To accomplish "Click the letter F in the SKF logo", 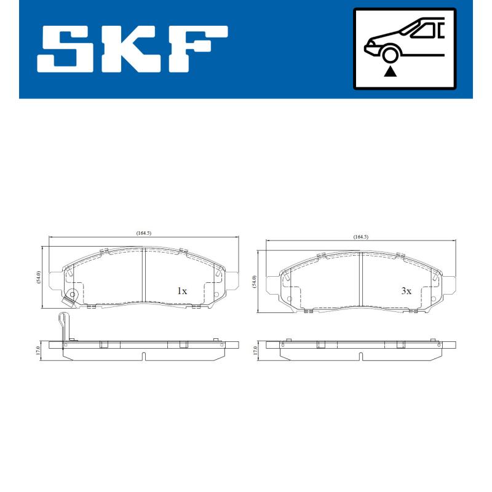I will pos(196,49).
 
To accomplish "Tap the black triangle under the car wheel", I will pos(389,72).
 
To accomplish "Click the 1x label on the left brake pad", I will pos(181,291).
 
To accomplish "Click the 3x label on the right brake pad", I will pos(405,291).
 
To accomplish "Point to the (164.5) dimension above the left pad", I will pos(143,233).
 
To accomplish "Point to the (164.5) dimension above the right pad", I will pos(360,237).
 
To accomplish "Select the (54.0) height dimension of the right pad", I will pos(255,282).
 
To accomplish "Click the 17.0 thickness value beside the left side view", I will pos(38,350).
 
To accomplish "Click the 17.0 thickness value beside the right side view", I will pos(255,351).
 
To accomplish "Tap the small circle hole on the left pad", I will pos(73,295).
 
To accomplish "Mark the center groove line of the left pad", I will pos(143,276).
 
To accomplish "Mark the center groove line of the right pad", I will pos(360,280).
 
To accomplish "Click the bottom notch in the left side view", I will pos(143,355).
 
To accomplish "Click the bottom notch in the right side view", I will pos(360,356).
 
